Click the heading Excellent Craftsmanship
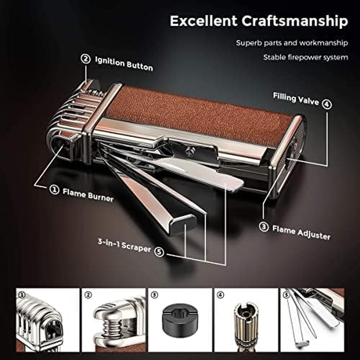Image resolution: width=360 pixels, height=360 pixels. click(258, 21)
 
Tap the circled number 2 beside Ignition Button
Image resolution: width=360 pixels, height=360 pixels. click(85, 59)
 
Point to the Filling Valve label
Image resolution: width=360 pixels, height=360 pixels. click(295, 98)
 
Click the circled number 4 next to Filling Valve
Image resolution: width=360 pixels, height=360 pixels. click(327, 105)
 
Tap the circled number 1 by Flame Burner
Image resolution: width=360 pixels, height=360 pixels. click(54, 190)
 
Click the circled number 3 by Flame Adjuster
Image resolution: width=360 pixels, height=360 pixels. click(264, 227)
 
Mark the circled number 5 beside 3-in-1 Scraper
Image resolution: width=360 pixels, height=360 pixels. click(159, 251)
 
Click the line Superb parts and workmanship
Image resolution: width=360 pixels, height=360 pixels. click(292, 43)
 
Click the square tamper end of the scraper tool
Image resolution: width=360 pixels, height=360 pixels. click(184, 223)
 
